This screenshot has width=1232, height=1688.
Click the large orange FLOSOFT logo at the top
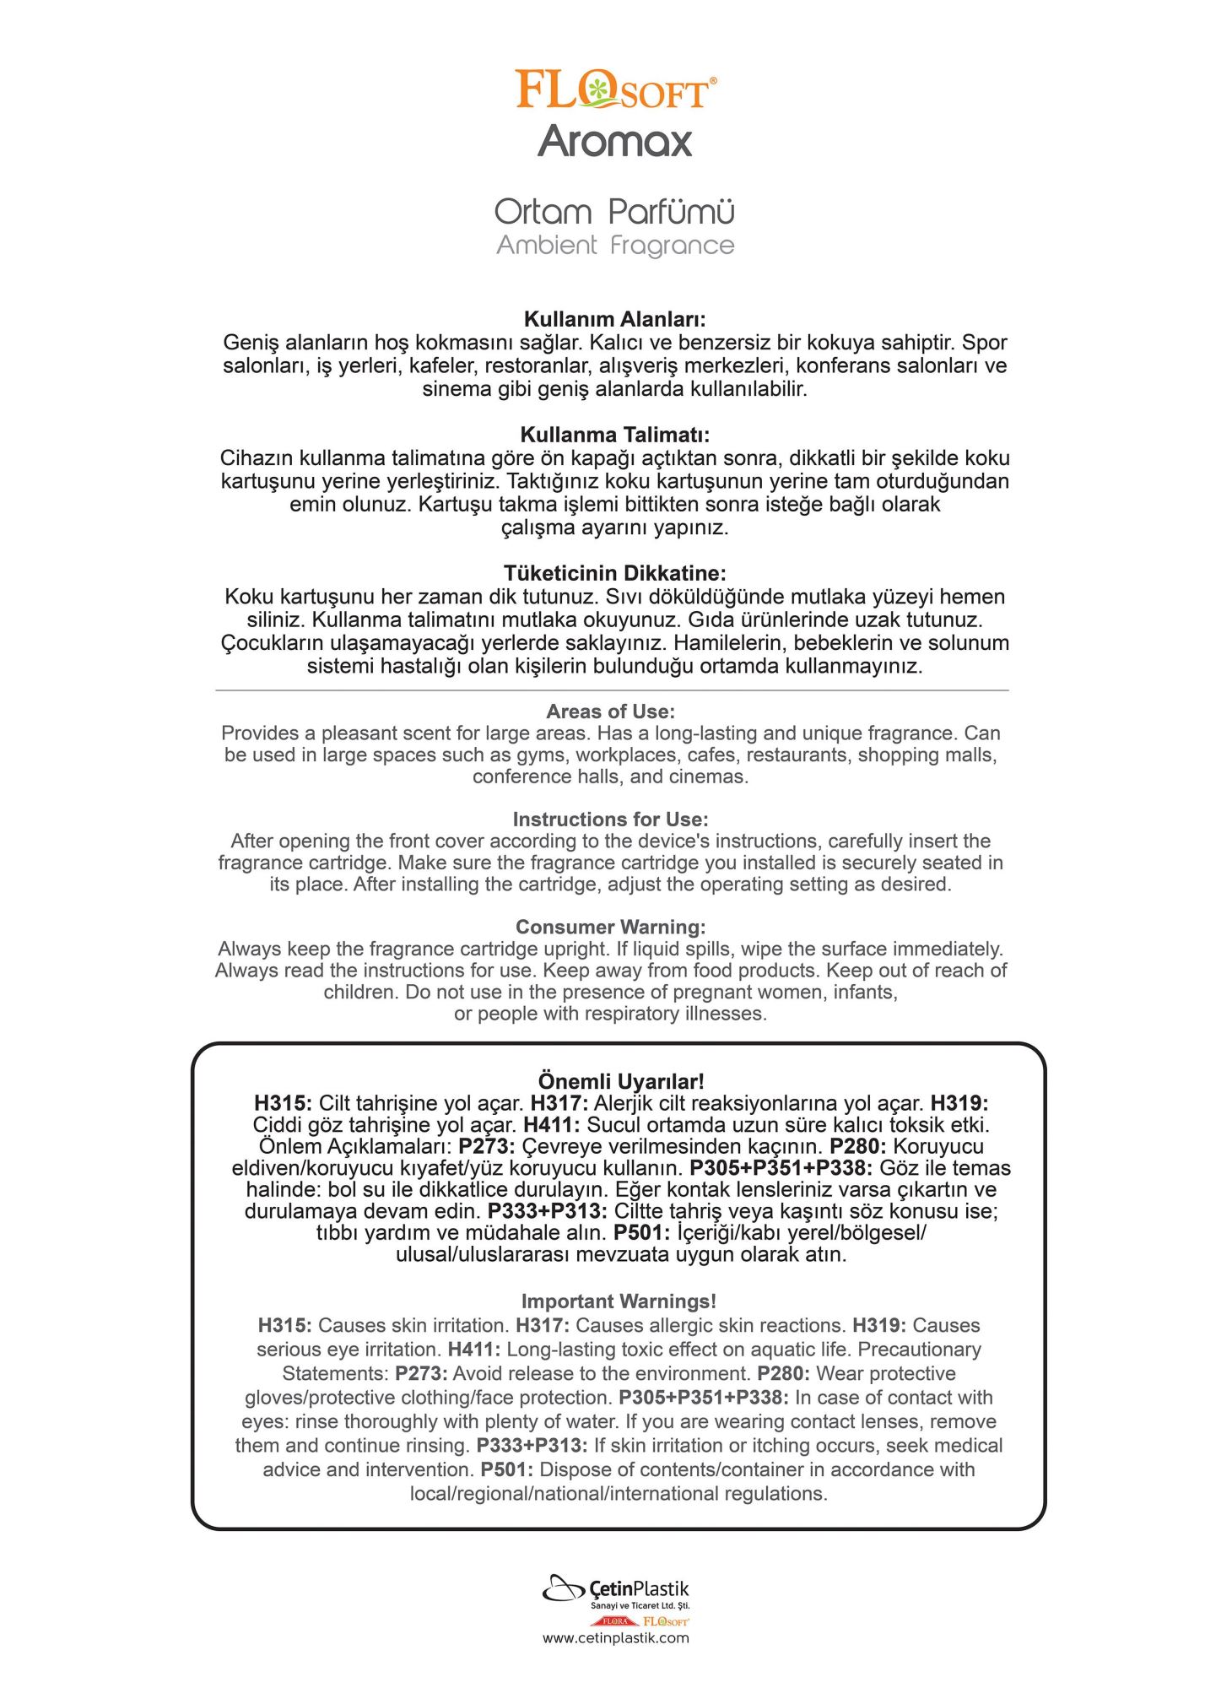point(615,89)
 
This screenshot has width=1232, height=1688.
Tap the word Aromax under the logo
point(615,141)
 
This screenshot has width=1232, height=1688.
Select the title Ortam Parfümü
point(614,211)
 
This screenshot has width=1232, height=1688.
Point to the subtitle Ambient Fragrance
point(615,246)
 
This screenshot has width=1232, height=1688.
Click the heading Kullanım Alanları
point(614,319)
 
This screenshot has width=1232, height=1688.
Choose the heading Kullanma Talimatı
point(614,435)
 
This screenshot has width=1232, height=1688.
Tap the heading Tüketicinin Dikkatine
point(614,574)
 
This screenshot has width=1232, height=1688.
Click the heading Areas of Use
point(610,711)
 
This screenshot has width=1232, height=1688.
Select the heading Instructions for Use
point(610,820)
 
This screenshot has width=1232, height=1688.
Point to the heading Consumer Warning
point(610,927)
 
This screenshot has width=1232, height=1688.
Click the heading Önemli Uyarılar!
point(620,1081)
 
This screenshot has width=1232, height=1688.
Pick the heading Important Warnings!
point(619,1301)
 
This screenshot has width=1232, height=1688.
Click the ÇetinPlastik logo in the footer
point(615,1590)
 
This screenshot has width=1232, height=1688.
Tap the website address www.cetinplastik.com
point(615,1638)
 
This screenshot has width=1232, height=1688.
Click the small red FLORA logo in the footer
point(613,1621)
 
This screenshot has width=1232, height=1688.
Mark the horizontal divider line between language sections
point(612,690)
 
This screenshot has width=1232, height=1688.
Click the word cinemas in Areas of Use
point(712,776)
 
